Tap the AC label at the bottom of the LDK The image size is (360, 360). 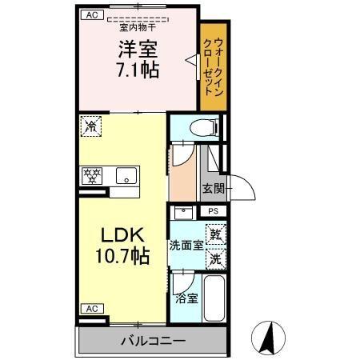[91, 308]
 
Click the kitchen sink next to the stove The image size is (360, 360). [124, 175]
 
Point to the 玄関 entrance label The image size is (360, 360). [213, 189]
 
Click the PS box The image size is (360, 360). [213, 211]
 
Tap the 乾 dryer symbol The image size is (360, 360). [214, 235]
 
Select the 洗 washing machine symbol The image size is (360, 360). [214, 258]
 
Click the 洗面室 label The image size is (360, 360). [185, 246]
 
